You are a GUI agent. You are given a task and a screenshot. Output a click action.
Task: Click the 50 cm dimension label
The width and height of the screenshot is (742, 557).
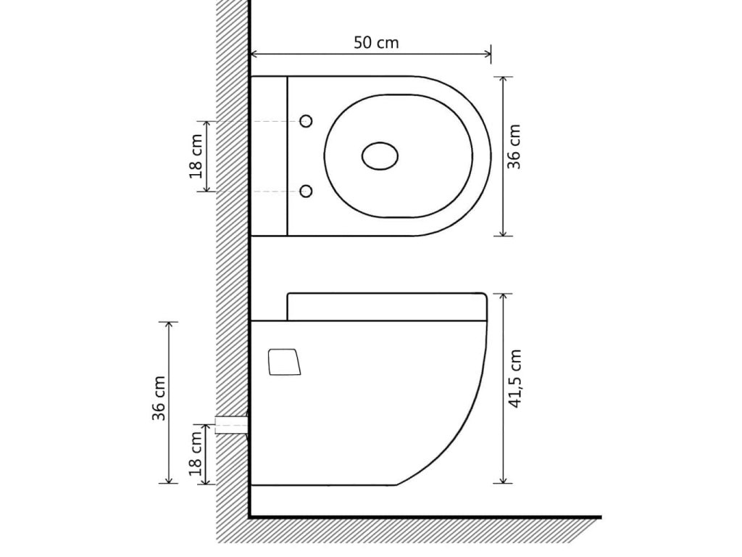375,42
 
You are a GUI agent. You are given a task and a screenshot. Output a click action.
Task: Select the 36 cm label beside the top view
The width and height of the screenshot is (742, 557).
514,147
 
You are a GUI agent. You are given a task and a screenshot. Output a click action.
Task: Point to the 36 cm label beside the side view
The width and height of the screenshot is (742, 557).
159,397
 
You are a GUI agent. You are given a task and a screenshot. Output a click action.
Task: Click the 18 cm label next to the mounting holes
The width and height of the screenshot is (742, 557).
196,156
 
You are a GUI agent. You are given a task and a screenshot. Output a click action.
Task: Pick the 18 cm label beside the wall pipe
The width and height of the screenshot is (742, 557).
194,453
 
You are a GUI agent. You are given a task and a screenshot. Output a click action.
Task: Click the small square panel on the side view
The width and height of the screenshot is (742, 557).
283,362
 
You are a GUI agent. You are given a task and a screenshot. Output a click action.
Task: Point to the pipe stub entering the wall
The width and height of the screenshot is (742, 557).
230,424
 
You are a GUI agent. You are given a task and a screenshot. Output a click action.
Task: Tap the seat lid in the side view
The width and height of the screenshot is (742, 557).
385,306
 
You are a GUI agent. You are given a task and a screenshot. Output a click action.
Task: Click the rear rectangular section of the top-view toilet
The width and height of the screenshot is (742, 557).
269,156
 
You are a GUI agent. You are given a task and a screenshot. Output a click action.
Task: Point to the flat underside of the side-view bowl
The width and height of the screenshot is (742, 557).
322,484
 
